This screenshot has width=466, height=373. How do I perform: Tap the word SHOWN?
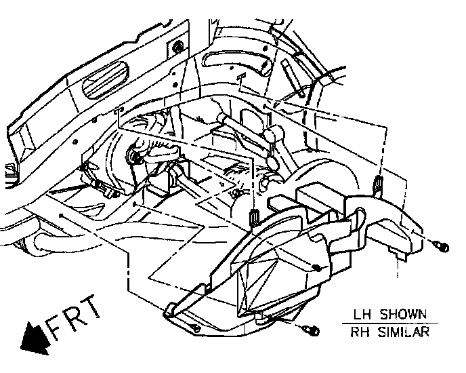point(404,314)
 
